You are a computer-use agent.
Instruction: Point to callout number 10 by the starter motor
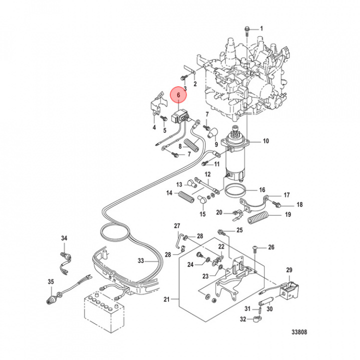265,141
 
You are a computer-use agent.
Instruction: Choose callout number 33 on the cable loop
141,261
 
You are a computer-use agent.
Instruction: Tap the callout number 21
166,299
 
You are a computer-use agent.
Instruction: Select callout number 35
50,282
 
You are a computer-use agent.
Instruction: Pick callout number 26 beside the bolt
271,247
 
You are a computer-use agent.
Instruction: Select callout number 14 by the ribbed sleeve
169,193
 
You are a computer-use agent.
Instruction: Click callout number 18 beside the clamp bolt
299,205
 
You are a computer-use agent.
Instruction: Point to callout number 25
239,230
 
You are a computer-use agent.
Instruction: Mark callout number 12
207,174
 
